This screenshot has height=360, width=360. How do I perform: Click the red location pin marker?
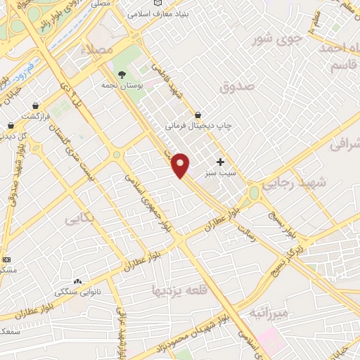pyautogui.click(x=181, y=165)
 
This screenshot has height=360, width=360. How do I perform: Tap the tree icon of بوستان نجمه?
pyautogui.click(x=122, y=75)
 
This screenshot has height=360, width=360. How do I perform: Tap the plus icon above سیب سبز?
pyautogui.click(x=220, y=162)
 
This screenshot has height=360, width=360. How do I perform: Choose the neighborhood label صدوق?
pyautogui.click(x=236, y=88)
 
